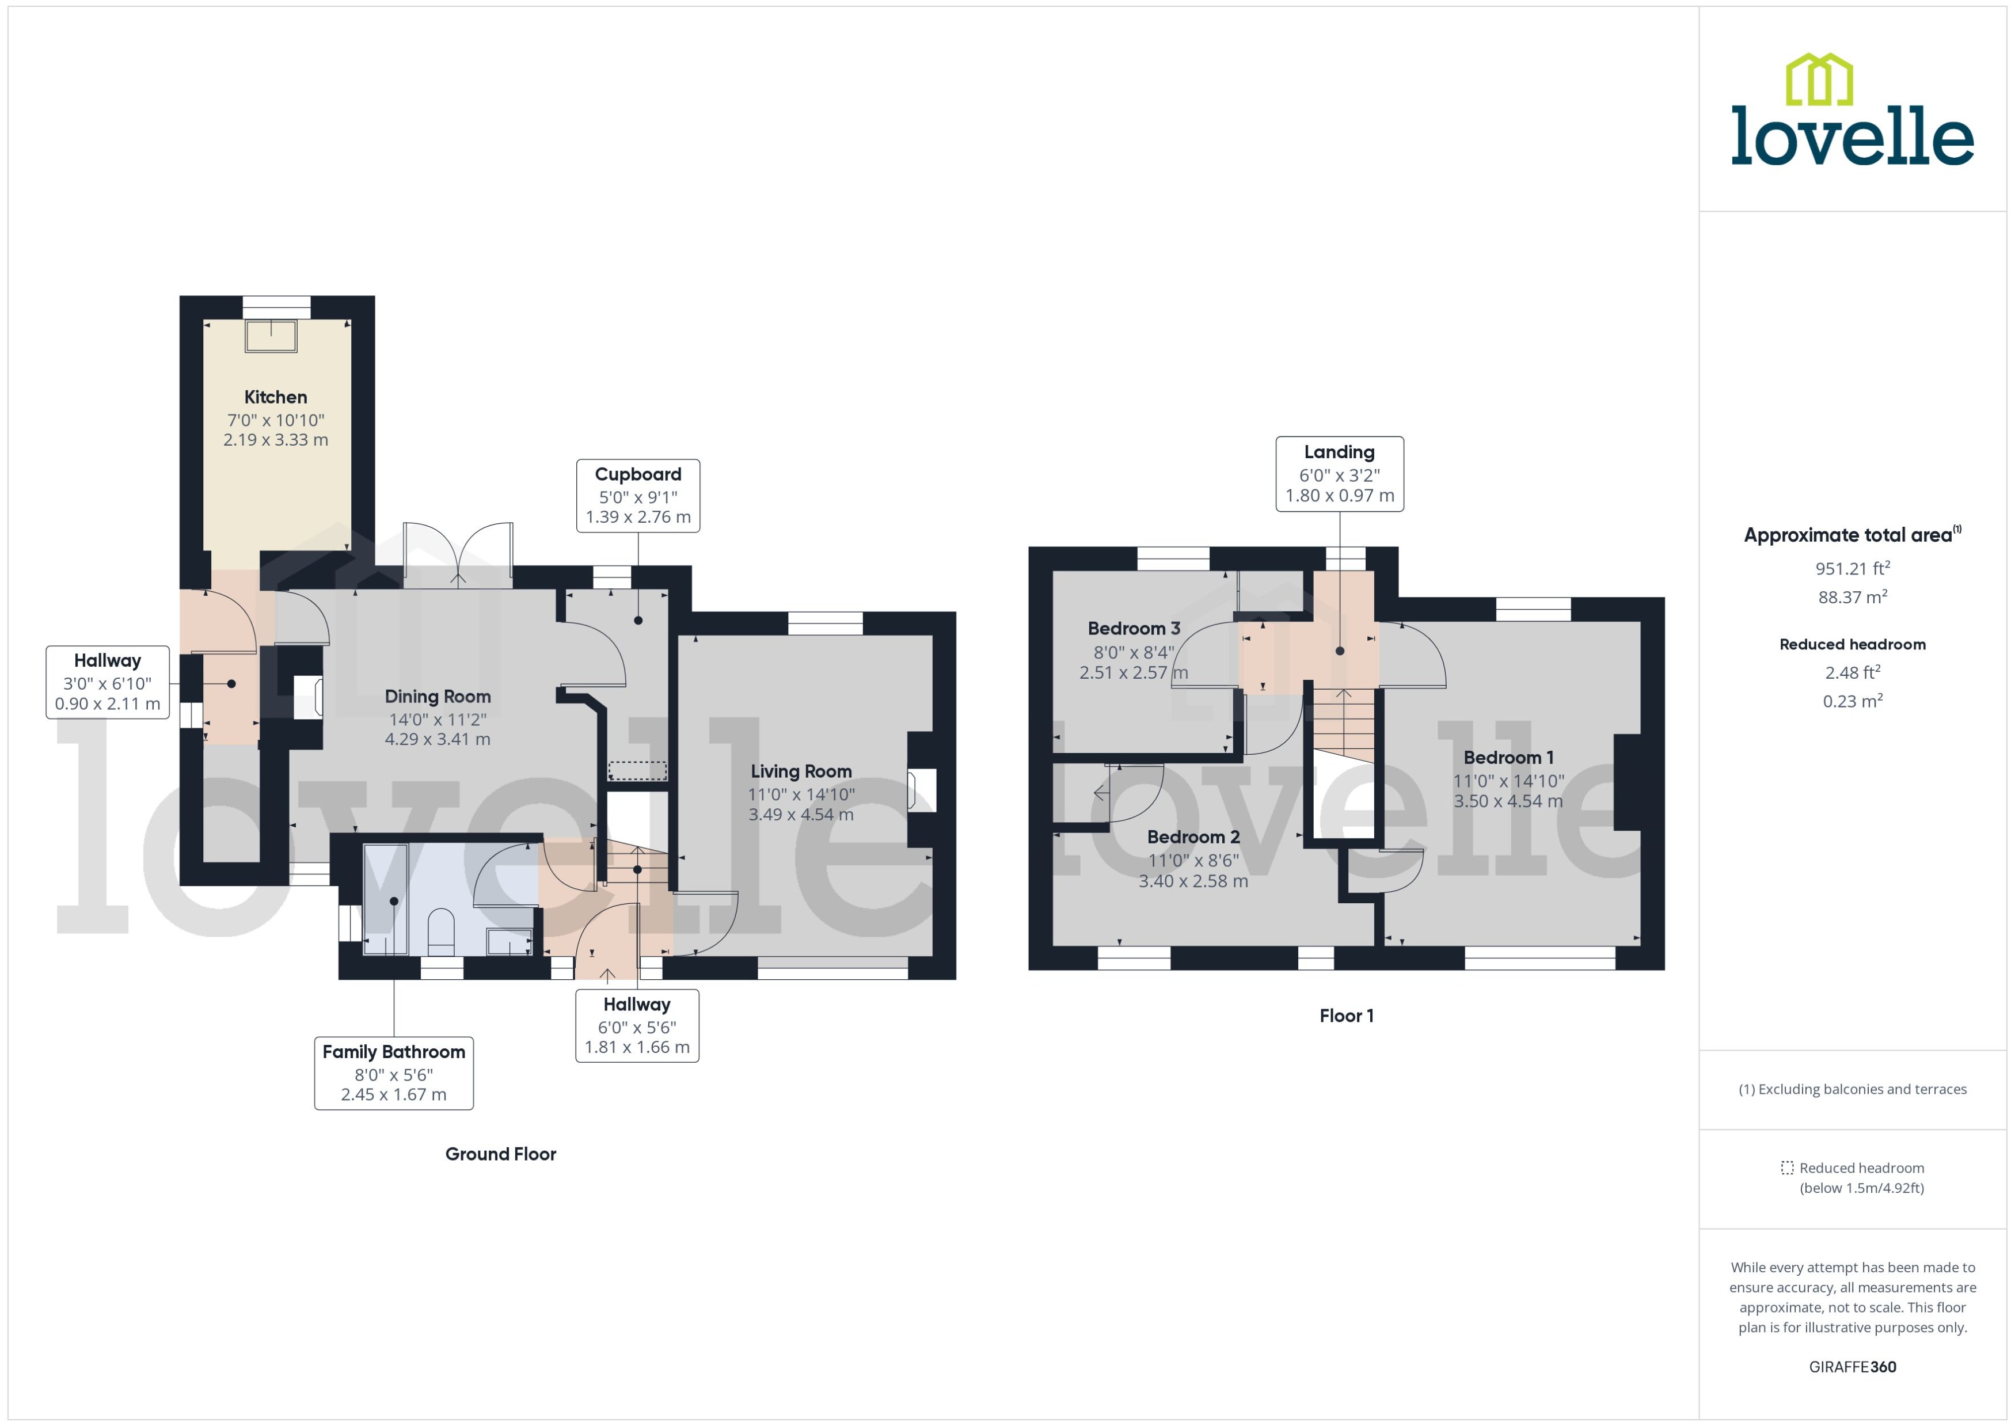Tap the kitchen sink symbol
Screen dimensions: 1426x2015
(271, 336)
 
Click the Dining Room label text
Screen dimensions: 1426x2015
(437, 697)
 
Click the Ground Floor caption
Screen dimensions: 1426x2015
(500, 1154)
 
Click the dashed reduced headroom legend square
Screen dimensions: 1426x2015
(1786, 1168)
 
